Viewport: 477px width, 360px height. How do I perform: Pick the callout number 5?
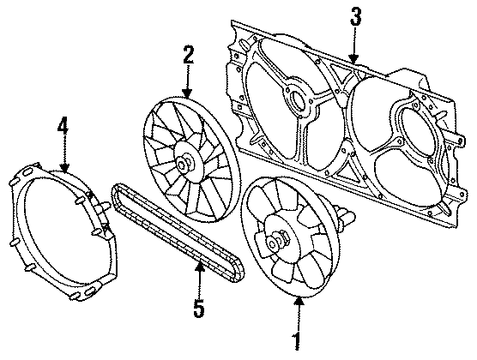point(198,307)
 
